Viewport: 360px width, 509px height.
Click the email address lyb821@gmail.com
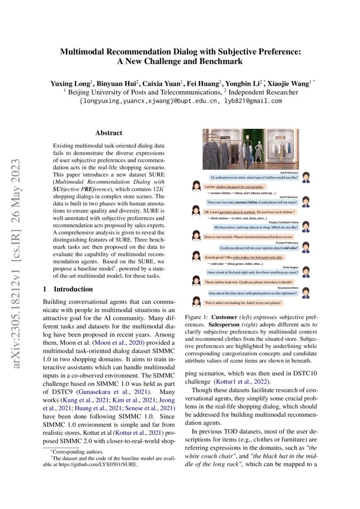click(x=253, y=101)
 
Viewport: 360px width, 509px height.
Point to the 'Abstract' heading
click(x=109, y=133)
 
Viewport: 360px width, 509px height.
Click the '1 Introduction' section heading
click(x=68, y=289)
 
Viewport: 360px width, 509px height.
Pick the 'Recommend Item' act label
click(x=288, y=288)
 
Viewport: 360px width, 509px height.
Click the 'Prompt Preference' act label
click(x=286, y=243)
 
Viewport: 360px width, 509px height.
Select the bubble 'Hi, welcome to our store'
click(x=254, y=178)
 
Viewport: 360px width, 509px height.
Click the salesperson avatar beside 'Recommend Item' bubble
click(x=306, y=293)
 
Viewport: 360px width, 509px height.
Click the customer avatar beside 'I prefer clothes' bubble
click(x=196, y=186)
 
